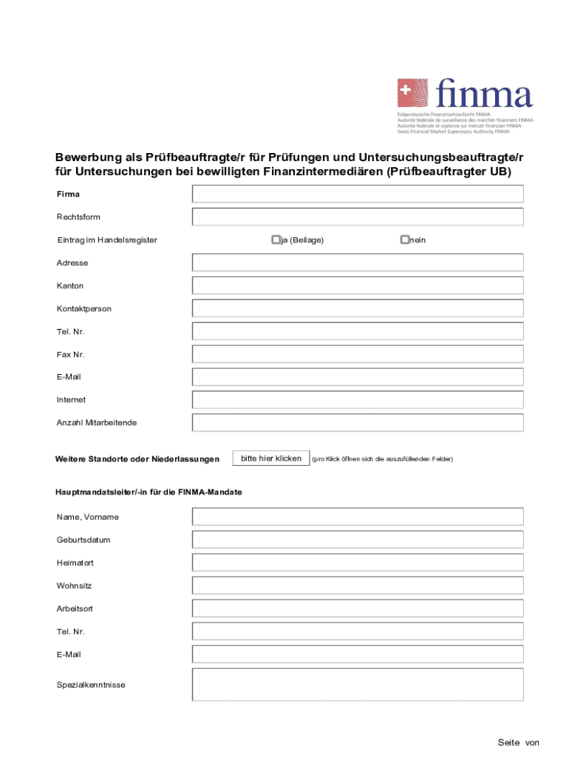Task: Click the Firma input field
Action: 358,194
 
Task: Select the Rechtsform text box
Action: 358,217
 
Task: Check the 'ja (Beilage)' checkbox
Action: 276,240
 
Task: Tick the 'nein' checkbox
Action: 404,240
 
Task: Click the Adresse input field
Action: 358,262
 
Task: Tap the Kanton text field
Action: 358,285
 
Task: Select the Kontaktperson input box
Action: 358,308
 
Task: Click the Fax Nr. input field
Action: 358,354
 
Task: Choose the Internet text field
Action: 358,399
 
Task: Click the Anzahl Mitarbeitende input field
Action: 358,422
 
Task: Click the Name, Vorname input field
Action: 358,517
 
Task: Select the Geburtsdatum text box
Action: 358,540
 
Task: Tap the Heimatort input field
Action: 358,563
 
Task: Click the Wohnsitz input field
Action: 358,585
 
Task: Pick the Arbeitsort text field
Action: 358,608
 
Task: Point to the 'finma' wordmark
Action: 484,95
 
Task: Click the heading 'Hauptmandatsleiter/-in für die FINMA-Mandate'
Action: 149,492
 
